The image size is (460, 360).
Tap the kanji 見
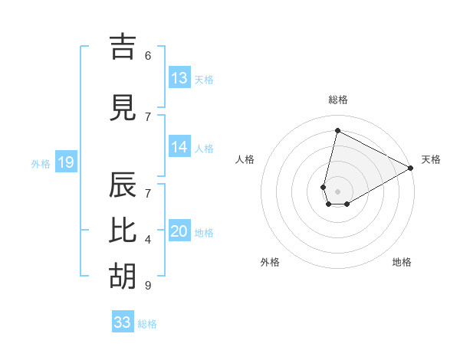[x=123, y=107]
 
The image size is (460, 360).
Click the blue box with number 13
[x=179, y=78]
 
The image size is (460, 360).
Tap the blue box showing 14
[x=179, y=147]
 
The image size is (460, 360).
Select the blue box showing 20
[x=179, y=232]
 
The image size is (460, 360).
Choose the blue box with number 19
[x=65, y=162]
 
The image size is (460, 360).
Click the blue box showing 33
[x=123, y=322]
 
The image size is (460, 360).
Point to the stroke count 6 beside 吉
[x=148, y=55]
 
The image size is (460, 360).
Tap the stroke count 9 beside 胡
[x=148, y=286]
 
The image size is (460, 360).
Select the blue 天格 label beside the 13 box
[x=204, y=79]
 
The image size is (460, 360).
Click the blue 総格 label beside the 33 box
[x=147, y=323]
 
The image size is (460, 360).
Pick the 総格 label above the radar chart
[x=338, y=100]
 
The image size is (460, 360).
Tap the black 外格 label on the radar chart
[x=270, y=262]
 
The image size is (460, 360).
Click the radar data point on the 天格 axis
[x=411, y=169]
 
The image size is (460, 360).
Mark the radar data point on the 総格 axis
[x=337, y=130]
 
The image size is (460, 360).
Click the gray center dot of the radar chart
[x=337, y=191]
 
